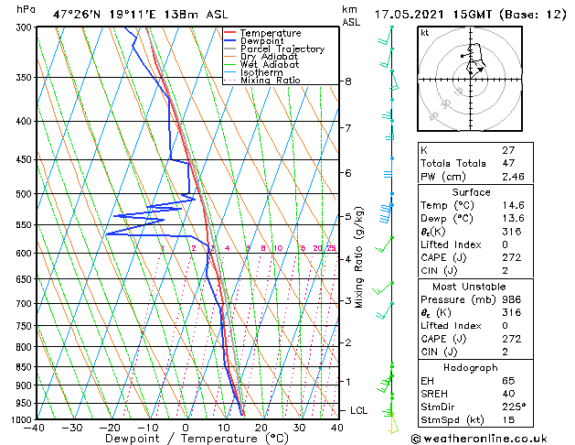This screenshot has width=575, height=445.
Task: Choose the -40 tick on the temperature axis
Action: [35, 428]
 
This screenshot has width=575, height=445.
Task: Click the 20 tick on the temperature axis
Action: [261, 428]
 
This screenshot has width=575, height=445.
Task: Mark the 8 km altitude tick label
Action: [348, 81]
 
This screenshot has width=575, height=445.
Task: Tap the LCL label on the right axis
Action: [359, 410]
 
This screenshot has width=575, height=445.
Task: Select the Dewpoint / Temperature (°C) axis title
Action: [186, 440]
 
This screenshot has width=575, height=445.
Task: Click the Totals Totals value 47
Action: [507, 163]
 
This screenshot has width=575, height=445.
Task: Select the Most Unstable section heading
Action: [484, 287]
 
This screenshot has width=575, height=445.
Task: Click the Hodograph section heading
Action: [484, 367]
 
